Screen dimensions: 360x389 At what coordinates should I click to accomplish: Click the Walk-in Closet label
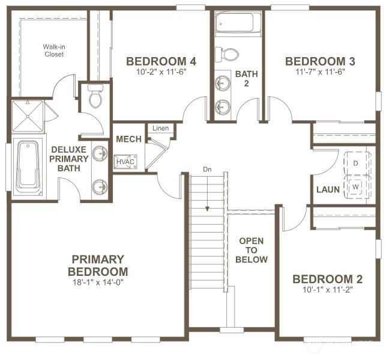(53, 50)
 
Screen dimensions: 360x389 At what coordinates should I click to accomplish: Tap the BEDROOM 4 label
(160, 61)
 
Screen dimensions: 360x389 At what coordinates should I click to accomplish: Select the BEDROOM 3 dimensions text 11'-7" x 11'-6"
(320, 72)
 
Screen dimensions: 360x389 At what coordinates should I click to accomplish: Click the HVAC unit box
(125, 161)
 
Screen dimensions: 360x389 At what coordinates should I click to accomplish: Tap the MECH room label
(128, 139)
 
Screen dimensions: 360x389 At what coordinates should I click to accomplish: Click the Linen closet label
(160, 128)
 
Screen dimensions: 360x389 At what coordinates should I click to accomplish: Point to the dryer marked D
(356, 162)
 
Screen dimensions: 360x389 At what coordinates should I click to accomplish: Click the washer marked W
(356, 186)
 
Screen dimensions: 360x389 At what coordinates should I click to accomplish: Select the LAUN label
(328, 190)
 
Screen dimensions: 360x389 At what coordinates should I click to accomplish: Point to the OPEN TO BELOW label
(252, 250)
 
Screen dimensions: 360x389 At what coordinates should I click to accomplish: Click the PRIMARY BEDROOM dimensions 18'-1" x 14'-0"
(98, 281)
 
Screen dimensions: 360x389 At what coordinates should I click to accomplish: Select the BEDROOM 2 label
(328, 279)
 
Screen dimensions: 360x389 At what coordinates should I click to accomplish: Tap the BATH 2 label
(246, 78)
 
